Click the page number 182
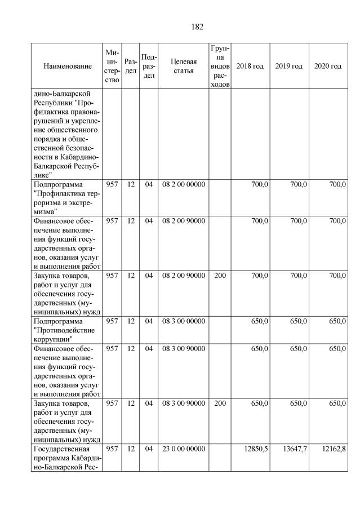click(197, 26)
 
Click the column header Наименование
click(67, 66)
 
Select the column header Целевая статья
click(184, 66)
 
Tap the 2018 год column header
click(250, 66)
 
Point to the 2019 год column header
click(289, 66)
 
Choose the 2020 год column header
click(328, 66)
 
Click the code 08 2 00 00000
click(184, 184)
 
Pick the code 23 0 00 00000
click(184, 449)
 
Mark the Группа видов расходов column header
click(219, 66)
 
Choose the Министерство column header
click(112, 66)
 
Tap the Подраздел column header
click(149, 66)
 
